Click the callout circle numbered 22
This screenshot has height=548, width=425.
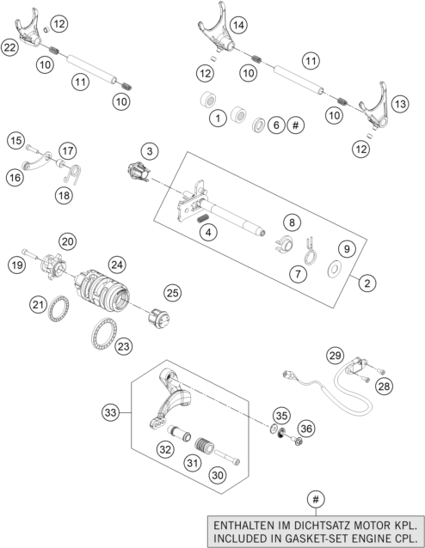point(10,48)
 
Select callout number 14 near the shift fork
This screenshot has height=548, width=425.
point(238,26)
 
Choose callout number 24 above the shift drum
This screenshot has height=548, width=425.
point(117,265)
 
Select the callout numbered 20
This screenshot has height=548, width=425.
point(68,241)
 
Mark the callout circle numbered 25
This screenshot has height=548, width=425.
point(173,293)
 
